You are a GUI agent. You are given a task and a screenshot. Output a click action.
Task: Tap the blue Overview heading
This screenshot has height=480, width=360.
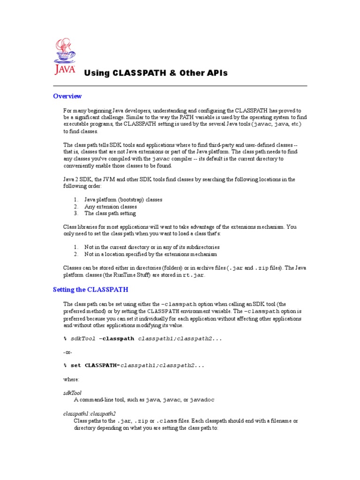coord(67,96)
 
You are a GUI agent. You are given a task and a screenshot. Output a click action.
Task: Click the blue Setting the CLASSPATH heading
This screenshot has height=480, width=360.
coord(90,290)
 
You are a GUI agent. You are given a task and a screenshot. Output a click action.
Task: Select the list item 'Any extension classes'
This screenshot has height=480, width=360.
coord(111,206)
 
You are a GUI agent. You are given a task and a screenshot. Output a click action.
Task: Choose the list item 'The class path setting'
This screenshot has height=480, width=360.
coord(110,213)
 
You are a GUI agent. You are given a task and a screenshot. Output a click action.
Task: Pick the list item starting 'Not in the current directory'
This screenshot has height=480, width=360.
coord(145,247)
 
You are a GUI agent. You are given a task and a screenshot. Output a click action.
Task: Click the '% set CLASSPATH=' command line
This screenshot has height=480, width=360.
coord(134,365)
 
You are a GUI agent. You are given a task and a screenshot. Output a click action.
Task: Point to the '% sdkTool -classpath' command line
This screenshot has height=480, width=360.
coord(142,338)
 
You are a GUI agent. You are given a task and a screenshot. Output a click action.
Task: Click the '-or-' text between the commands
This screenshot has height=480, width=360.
coord(68,352)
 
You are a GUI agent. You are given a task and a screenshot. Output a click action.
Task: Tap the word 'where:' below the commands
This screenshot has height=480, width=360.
coord(71,379)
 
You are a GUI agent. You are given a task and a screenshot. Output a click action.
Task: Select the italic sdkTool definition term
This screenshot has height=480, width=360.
coord(73,392)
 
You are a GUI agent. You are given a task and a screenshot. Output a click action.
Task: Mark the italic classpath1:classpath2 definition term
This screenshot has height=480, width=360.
coord(89,414)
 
